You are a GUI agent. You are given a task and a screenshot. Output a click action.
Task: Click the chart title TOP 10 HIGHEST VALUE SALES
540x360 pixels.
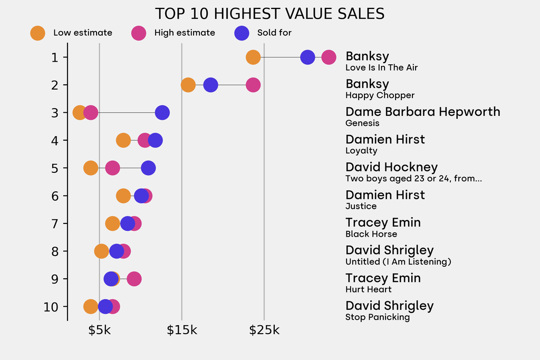(269, 14)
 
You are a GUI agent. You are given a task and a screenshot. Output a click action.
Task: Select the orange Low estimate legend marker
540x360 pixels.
(37, 33)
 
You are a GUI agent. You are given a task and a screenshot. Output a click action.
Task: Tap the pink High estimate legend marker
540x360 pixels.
(139, 33)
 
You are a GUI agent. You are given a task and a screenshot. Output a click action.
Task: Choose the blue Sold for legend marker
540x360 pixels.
(241, 33)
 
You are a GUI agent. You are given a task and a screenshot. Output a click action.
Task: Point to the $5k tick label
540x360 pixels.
(99, 330)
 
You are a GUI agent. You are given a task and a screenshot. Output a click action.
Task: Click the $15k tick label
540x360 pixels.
(182, 330)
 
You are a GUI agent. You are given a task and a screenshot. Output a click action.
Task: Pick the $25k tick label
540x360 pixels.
(264, 330)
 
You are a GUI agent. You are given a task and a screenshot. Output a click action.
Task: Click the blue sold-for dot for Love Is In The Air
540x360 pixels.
(307, 57)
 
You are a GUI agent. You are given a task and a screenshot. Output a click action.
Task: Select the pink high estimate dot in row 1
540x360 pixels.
(329, 57)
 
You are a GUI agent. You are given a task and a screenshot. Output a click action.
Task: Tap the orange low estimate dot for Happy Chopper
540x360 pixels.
(188, 85)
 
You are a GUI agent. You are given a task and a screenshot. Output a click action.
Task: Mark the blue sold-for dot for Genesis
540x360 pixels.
(162, 112)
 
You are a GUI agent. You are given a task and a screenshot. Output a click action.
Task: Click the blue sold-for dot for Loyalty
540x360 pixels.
(155, 140)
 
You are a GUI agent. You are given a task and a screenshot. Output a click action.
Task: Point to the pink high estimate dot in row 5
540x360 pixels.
(112, 168)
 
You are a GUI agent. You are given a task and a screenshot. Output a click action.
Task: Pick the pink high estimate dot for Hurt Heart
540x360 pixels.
(134, 279)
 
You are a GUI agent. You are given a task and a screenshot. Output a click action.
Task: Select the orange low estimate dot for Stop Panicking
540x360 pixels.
(91, 307)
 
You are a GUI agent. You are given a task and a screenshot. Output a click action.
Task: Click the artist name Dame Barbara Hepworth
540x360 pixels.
(422, 112)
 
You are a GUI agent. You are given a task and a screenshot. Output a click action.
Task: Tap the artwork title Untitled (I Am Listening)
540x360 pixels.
(398, 262)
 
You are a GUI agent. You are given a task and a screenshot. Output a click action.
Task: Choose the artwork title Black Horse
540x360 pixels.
(371, 234)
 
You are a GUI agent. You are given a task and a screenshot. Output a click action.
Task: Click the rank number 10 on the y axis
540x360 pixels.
(51, 307)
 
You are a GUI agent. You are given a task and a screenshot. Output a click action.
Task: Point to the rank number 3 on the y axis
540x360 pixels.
(55, 112)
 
